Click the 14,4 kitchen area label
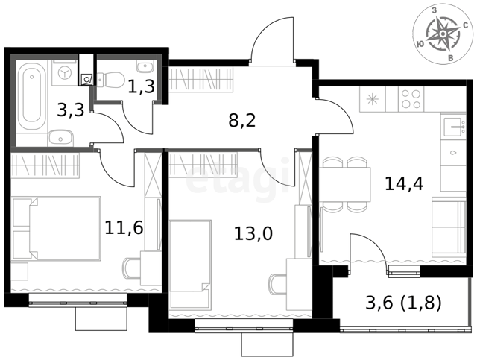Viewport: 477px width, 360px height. tap(404, 184)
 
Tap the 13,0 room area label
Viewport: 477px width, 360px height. tap(253, 234)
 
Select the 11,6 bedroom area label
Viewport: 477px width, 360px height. tap(124, 227)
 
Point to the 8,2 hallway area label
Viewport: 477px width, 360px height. tap(242, 121)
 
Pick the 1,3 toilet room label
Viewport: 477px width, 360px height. tap(141, 86)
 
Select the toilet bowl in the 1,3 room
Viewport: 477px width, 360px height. tap(110, 80)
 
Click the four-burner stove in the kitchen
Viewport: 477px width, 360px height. tap(411, 99)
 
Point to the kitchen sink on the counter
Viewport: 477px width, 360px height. tap(453, 126)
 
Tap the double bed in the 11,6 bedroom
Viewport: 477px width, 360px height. tap(56, 229)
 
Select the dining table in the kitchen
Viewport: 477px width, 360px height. tap(345, 184)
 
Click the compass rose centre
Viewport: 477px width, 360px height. tap(443, 34)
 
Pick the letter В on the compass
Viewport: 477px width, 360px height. tap(452, 58)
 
